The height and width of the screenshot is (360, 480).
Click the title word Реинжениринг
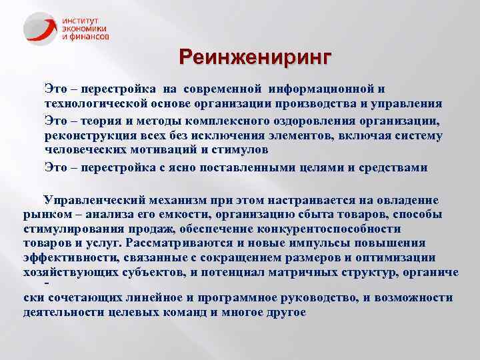click(254, 58)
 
